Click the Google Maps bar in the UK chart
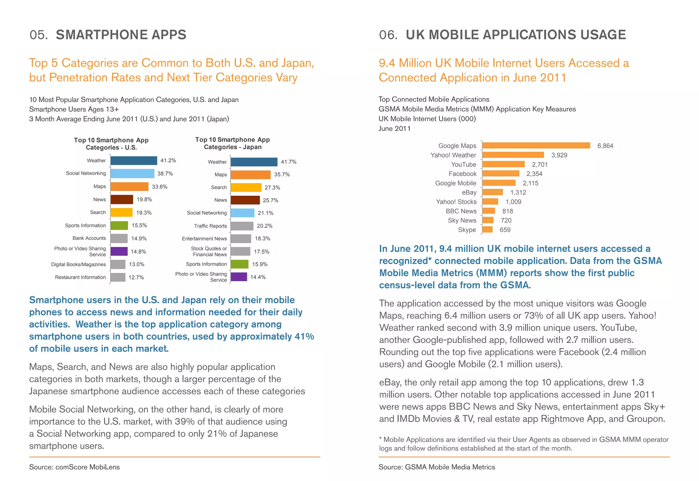(x=536, y=146)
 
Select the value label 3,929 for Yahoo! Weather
(x=559, y=155)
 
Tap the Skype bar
(x=487, y=230)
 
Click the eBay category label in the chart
(x=469, y=192)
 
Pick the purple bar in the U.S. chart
(x=119, y=251)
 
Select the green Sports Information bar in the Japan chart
(x=239, y=264)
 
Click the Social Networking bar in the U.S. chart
(x=132, y=174)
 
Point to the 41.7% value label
(x=288, y=162)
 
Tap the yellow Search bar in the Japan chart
(x=246, y=188)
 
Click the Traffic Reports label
(x=210, y=226)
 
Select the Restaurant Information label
(x=81, y=277)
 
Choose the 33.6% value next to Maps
(x=159, y=187)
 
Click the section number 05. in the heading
(x=39, y=35)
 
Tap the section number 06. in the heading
(x=388, y=35)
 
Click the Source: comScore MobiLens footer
(x=74, y=467)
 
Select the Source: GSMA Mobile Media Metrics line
(x=437, y=467)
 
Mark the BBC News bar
(x=488, y=211)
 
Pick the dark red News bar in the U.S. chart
(x=122, y=200)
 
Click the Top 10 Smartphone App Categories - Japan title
(x=232, y=143)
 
